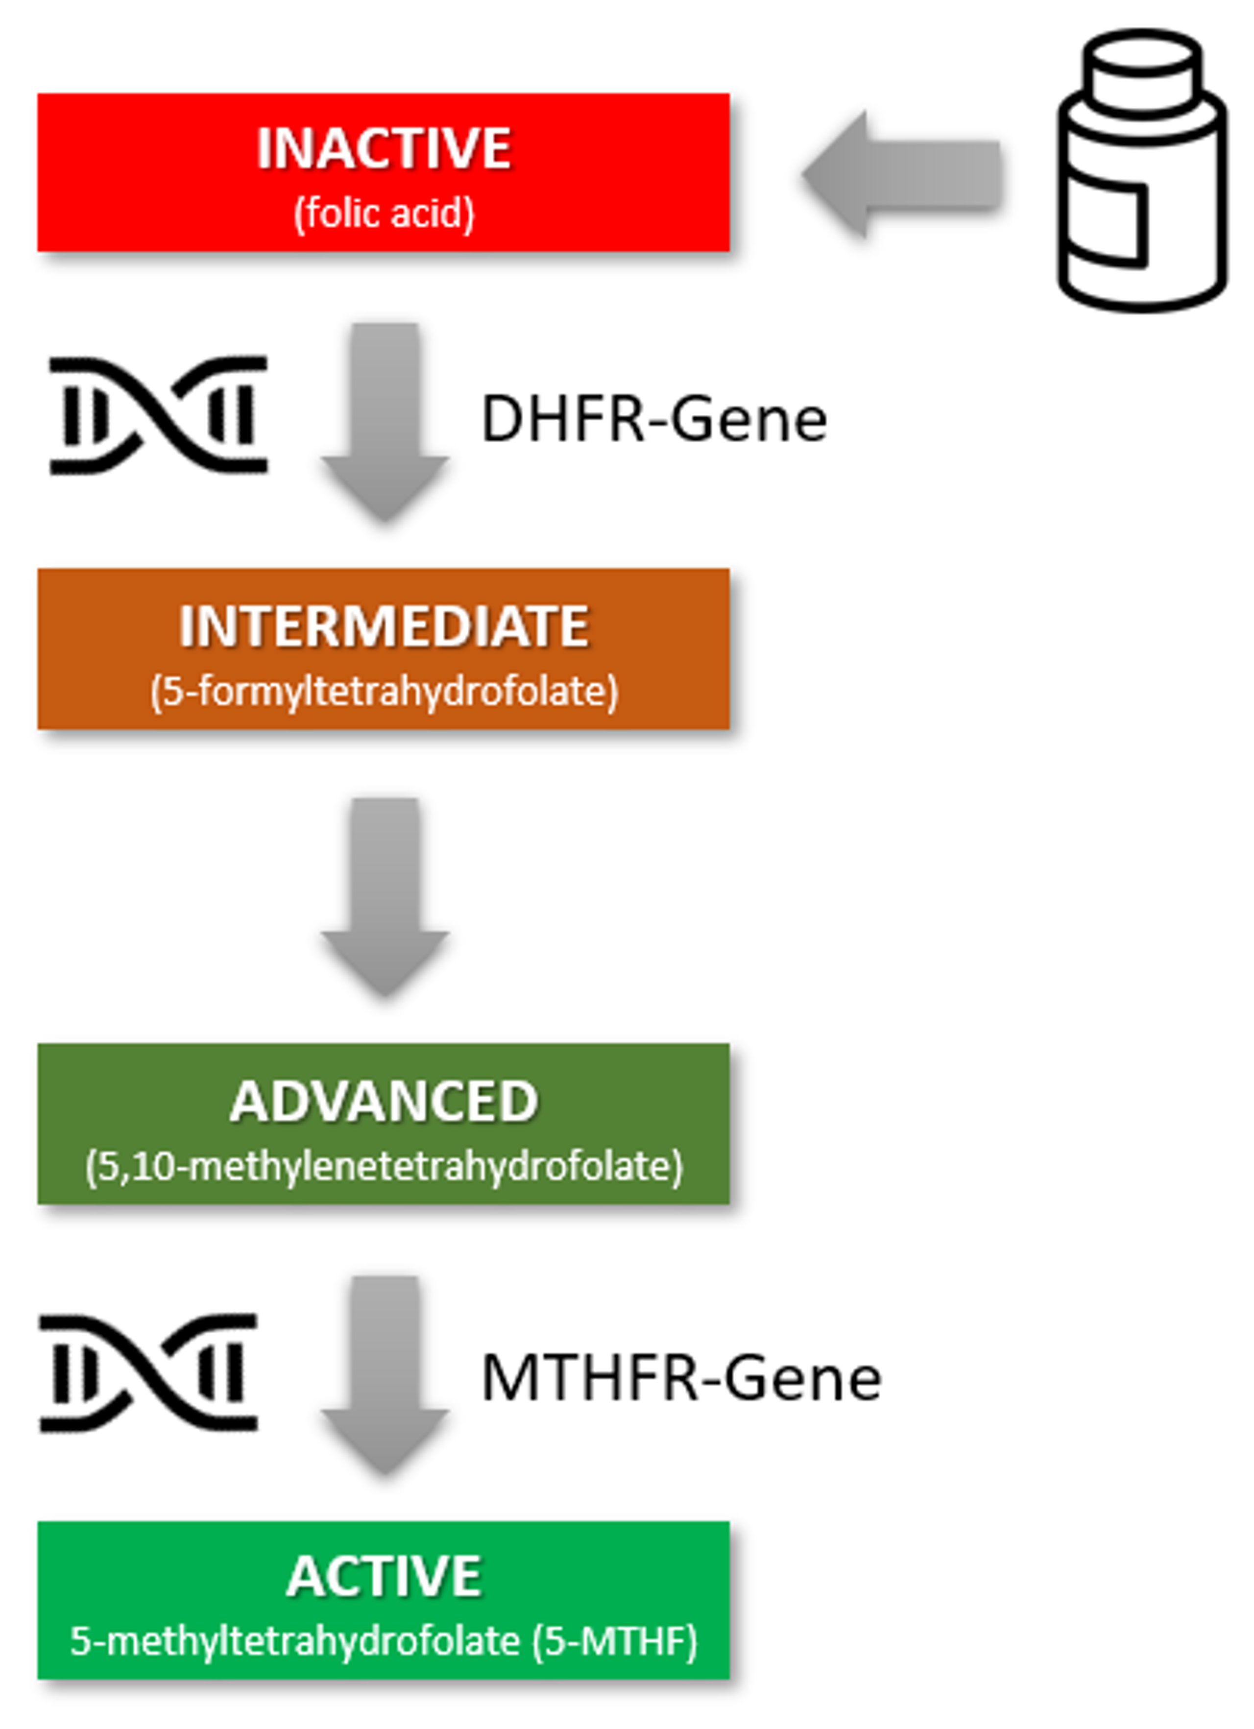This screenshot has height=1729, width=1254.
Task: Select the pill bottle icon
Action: coord(1141,171)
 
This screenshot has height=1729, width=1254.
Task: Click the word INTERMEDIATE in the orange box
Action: coord(384,626)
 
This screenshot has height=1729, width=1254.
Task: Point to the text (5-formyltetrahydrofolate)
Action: coord(384,692)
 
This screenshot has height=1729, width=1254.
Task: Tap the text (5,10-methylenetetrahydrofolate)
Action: coord(384,1166)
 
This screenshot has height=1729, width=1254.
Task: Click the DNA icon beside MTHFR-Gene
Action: coord(148,1373)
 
